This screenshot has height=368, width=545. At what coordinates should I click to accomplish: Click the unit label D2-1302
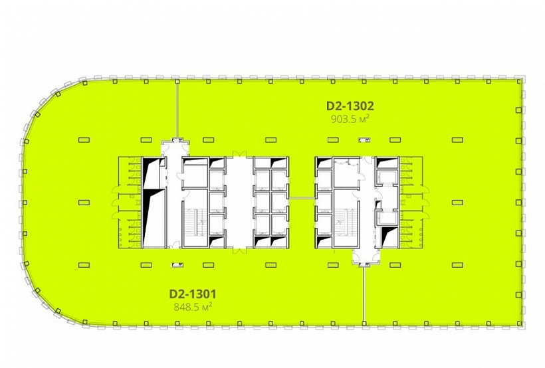point(350,106)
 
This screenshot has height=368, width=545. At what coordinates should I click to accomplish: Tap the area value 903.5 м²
point(350,120)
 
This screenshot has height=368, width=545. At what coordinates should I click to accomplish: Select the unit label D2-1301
point(193,294)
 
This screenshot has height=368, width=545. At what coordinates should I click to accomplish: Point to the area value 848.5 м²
point(193,307)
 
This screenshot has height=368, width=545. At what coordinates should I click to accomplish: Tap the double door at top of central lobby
point(239,153)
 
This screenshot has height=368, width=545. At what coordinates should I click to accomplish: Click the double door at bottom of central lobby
point(239,251)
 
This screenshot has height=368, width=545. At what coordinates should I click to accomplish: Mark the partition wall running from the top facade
point(177,110)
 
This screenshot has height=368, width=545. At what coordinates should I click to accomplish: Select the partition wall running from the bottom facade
point(364,295)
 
